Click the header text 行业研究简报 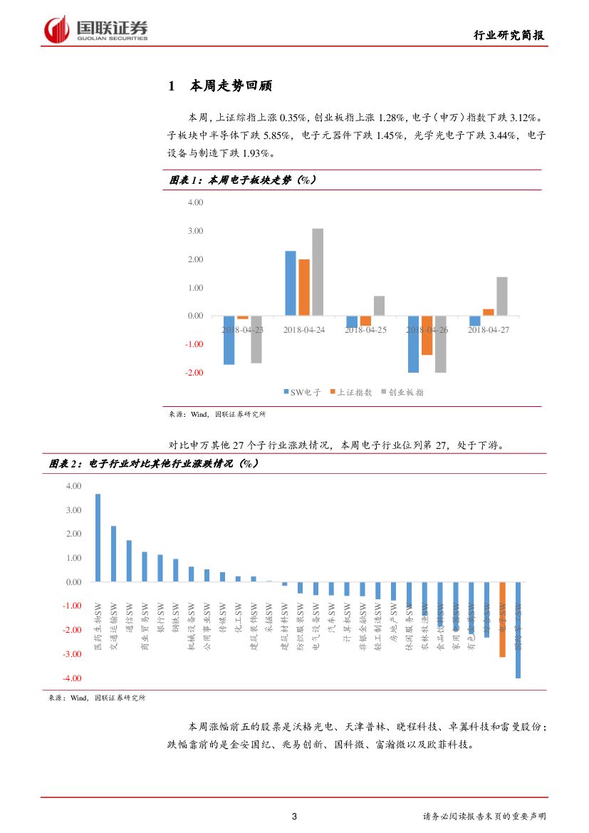coord(510,36)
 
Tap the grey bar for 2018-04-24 coord(318,271)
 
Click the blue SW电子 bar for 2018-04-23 coord(229,340)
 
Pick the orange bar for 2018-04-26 coord(427,335)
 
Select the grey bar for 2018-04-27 coord(501,296)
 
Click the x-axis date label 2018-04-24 coord(304,330)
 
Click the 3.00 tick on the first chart coord(194,231)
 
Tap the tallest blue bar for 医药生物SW coord(98,538)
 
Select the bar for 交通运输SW coord(113,554)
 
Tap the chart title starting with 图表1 coord(242,180)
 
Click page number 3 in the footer coord(294,817)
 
